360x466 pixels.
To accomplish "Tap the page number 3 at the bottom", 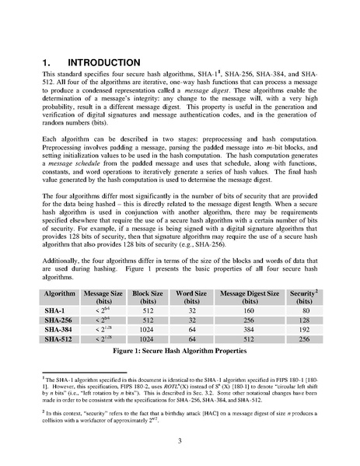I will (x=180, y=441).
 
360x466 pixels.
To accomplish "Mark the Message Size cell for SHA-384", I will (x=100, y=329).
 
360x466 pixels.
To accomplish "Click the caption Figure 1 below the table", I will (x=180, y=352).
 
